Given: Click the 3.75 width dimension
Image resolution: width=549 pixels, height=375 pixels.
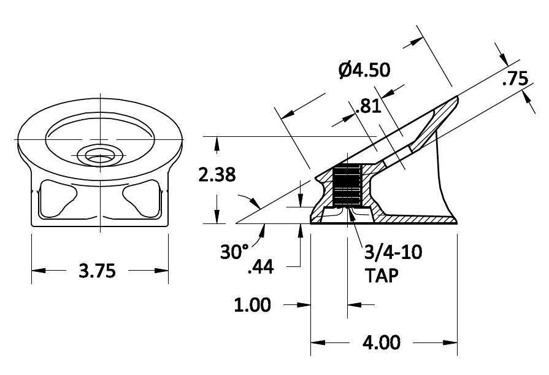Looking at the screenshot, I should click(98, 271).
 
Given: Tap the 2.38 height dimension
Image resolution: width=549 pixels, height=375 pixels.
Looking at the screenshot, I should click(217, 176).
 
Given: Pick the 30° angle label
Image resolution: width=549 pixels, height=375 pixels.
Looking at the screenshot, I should click(236, 252).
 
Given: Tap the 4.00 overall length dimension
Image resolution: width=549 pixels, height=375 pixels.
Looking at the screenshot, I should click(384, 342).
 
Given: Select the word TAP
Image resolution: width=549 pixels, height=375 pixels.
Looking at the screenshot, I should click(382, 276).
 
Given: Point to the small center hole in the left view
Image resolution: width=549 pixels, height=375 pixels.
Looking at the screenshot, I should click(98, 155).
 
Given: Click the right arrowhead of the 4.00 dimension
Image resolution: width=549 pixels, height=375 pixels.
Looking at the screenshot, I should click(452, 342).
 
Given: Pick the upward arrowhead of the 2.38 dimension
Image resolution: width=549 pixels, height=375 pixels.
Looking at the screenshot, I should click(217, 142).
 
